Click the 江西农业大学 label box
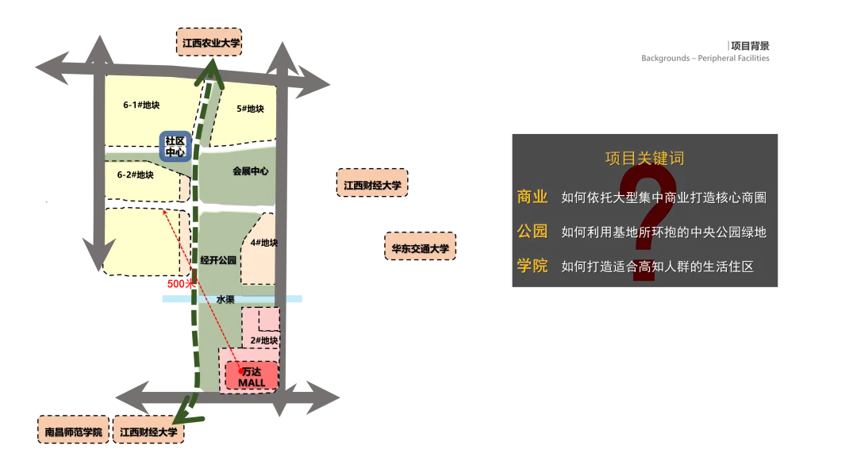coord(210,44)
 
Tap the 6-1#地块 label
coord(142,105)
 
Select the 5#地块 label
coord(250,109)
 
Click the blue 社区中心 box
coord(175,147)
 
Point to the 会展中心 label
coord(250,171)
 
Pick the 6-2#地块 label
coord(135,175)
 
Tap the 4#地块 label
coord(263,243)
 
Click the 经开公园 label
coord(218,259)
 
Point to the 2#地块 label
coord(263,340)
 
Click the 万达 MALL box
coord(252,377)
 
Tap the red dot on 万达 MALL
coord(240,370)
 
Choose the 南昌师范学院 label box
coord(74,433)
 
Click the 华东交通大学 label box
coord(420,248)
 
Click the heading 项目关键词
coord(644,159)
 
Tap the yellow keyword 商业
coord(532,198)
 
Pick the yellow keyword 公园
coord(532,232)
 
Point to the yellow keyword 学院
coord(532,266)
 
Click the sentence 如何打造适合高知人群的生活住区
coord(657,267)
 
